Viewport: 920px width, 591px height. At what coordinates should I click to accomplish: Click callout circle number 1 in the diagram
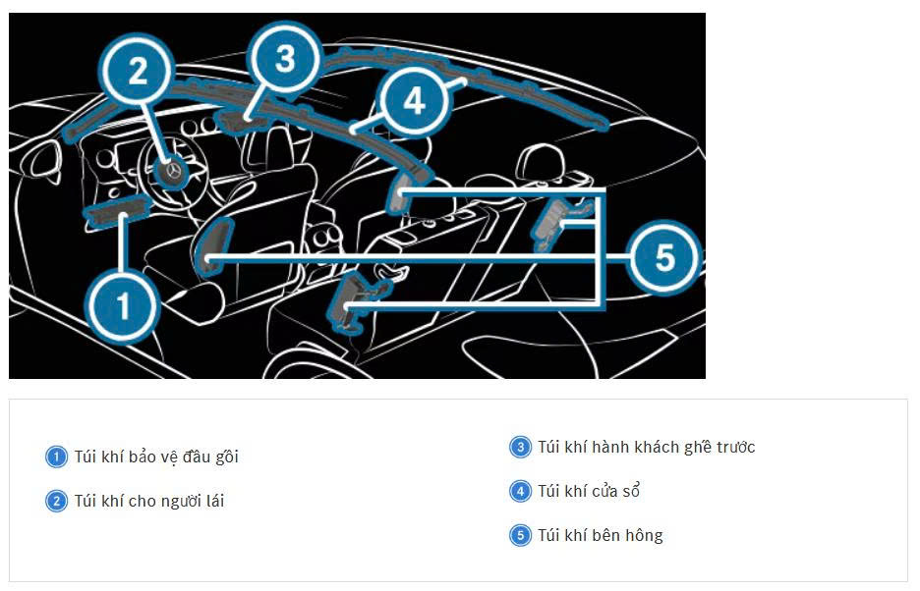click(123, 306)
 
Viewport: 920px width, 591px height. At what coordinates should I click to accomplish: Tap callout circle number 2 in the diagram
click(138, 71)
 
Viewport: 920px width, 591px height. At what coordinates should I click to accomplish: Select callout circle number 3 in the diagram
click(284, 59)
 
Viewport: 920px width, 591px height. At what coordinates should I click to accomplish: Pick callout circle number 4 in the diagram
click(414, 100)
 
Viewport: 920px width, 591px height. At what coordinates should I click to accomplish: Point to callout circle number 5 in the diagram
click(664, 258)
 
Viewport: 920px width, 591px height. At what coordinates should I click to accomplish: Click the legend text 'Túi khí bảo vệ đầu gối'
click(156, 457)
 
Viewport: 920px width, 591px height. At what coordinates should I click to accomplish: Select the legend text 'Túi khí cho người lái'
click(149, 501)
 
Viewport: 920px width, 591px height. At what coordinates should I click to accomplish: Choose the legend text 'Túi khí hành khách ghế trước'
click(646, 448)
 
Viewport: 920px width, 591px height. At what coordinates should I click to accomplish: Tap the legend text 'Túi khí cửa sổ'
click(589, 491)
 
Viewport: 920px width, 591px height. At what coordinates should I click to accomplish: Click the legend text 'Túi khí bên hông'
click(600, 535)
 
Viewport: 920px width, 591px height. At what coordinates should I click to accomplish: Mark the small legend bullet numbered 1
click(56, 457)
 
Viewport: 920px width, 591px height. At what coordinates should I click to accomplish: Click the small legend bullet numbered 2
click(56, 501)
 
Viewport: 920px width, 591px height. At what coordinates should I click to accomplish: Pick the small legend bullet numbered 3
click(520, 448)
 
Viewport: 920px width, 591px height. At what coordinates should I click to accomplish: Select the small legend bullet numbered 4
click(520, 491)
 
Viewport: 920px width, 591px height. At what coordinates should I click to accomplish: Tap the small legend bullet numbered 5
click(520, 535)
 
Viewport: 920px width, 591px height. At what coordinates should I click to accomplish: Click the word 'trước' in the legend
click(732, 448)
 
